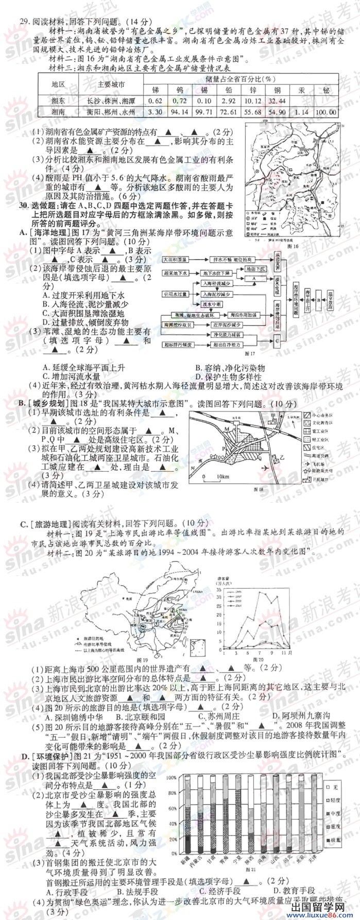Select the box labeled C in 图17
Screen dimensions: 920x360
tap(277, 340)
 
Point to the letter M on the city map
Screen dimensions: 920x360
tap(226, 429)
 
